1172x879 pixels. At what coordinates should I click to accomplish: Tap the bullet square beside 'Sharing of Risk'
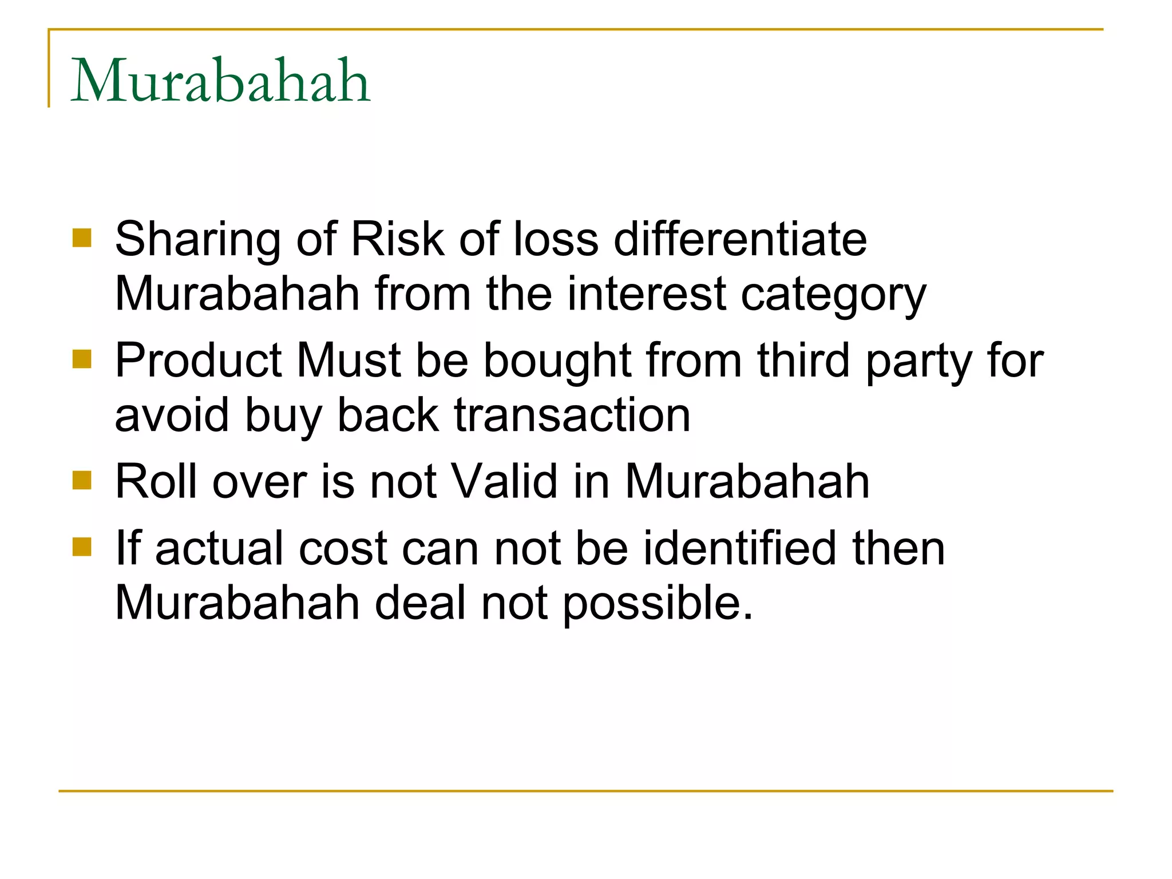tap(82, 238)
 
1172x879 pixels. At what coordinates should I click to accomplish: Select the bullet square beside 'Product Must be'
tap(82, 359)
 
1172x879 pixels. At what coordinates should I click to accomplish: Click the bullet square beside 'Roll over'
tap(82, 481)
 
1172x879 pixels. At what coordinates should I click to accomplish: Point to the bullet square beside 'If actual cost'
tap(82, 547)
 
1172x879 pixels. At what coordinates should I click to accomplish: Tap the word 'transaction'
tap(572, 415)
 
